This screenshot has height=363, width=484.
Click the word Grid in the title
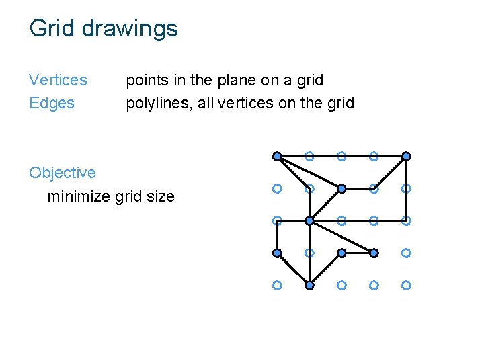[48, 28]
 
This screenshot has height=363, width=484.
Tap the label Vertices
[58, 80]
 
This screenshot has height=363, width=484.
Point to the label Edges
[52, 103]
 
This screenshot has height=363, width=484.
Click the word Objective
[63, 173]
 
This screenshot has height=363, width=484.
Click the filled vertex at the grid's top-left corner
[277, 156]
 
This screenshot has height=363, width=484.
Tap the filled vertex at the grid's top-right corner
[406, 156]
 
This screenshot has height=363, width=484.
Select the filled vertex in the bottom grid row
[309, 285]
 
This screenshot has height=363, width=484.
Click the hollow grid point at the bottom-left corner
[277, 285]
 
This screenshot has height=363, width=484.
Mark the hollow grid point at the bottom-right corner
[406, 285]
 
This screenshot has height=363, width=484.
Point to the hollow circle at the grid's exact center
[341, 220]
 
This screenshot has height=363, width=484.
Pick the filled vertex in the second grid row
[341, 188]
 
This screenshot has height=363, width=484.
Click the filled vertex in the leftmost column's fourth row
[277, 253]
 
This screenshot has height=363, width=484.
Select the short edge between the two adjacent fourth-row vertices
[358, 253]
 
